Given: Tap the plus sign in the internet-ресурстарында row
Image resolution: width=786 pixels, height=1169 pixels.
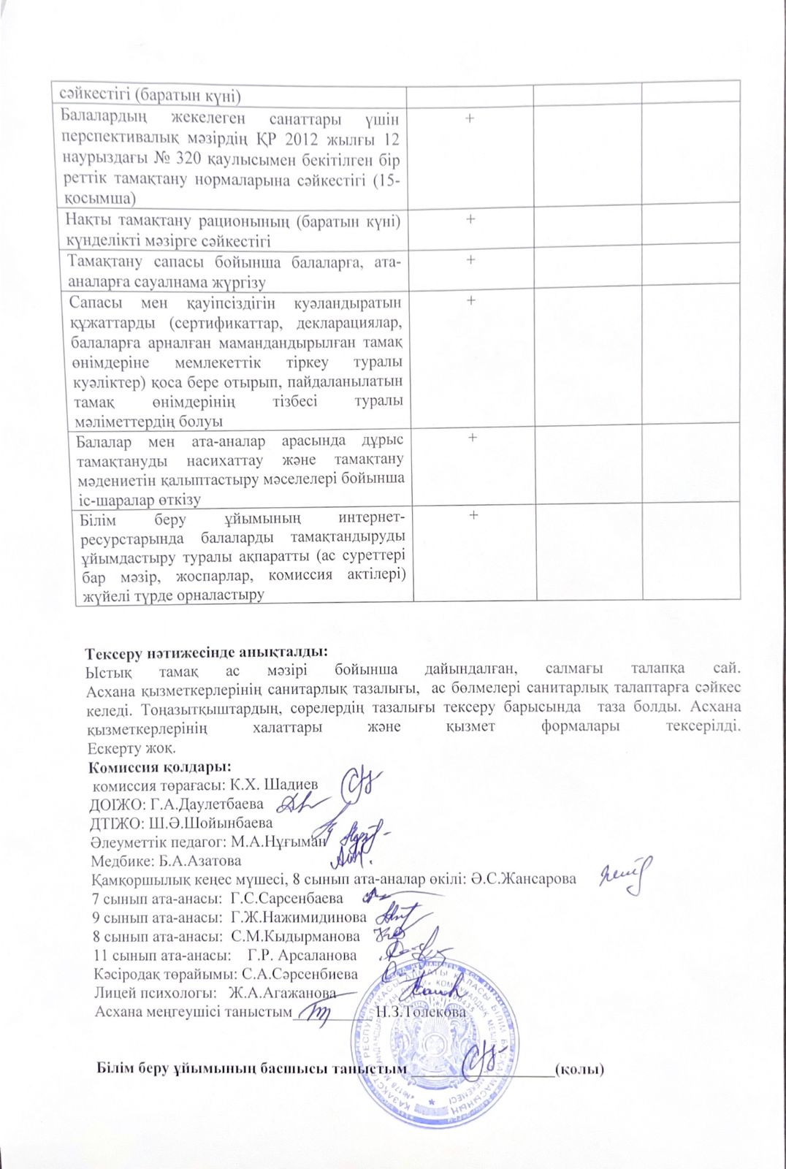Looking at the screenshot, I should [x=473, y=515].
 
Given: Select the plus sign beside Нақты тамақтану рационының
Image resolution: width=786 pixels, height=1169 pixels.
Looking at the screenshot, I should [x=471, y=218].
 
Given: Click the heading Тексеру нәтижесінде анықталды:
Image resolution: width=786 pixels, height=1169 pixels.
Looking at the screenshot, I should [x=206, y=652].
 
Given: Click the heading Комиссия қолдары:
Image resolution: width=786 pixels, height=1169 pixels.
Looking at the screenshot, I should [x=159, y=767].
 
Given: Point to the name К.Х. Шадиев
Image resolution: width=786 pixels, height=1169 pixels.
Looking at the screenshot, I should [x=274, y=785].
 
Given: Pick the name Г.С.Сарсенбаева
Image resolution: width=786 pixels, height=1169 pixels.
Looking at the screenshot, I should [x=286, y=898].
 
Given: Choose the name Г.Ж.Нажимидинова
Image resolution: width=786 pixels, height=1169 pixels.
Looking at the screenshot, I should [x=298, y=917].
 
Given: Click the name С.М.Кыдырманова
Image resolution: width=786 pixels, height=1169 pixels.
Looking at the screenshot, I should [x=295, y=936].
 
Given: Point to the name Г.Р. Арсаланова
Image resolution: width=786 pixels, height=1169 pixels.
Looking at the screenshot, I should [x=302, y=955].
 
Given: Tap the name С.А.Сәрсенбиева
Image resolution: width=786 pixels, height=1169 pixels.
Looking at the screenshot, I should [x=299, y=974].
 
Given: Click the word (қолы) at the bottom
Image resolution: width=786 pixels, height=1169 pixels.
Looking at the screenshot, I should [x=579, y=1069].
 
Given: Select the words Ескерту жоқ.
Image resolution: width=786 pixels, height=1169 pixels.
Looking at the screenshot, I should [x=131, y=749].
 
